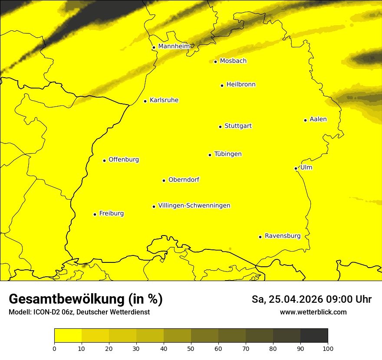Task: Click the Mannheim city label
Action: pos(174,46)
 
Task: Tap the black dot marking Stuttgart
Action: pos(220,127)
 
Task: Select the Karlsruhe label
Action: pos(164,100)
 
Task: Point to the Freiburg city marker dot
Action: pos(95,214)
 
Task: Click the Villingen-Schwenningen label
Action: pos(194,206)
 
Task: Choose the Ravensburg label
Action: pos(282,236)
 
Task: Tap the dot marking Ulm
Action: pos(296,168)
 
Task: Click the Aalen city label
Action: pos(318,119)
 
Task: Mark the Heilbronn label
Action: pos(240,85)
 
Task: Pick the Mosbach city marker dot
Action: pos(215,62)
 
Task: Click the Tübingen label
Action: pos(227,154)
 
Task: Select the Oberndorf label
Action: pos(184,180)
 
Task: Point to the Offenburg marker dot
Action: pos(104,160)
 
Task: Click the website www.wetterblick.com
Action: pos(313,312)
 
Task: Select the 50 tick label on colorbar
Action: pos(191,348)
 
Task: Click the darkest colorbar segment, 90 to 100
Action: pos(314,335)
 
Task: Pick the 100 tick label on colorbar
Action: pos(328,348)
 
